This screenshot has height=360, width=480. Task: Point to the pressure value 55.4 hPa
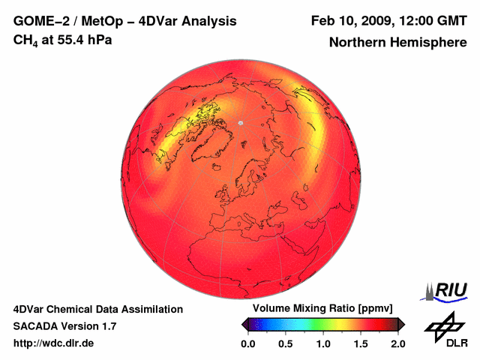(83, 40)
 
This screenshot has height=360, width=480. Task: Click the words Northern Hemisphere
(397, 43)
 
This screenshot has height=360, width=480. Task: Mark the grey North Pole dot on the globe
(241, 122)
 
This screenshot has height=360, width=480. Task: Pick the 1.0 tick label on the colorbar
(322, 343)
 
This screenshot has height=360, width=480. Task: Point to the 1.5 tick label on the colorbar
(361, 343)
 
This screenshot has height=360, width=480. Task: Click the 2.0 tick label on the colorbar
(397, 343)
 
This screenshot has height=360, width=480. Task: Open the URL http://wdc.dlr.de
(54, 343)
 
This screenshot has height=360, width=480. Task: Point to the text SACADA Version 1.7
(64, 326)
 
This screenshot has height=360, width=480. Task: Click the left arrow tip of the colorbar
(243, 324)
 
